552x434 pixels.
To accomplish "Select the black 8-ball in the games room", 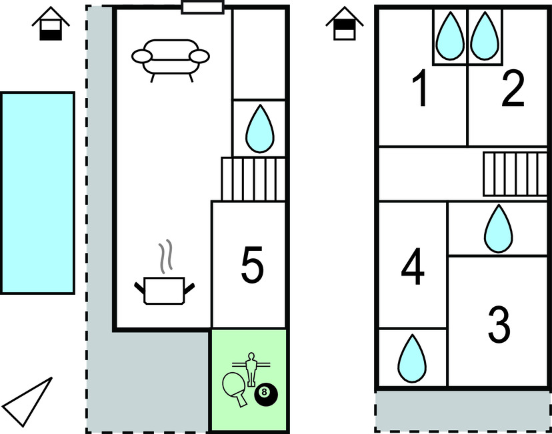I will pos(265,395).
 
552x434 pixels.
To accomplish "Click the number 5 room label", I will pos(251,265).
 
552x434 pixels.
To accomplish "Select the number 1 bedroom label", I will pos(420,91).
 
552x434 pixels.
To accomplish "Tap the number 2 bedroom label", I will pos(512,91).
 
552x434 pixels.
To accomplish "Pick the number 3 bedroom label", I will pos(499,324).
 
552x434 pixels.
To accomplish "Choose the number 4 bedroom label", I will pos(413,266).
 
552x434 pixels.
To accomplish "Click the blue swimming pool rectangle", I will pos(37,192).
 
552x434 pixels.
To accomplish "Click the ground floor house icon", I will pos(51,25).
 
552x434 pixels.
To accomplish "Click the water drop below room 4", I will pos(411,357).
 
